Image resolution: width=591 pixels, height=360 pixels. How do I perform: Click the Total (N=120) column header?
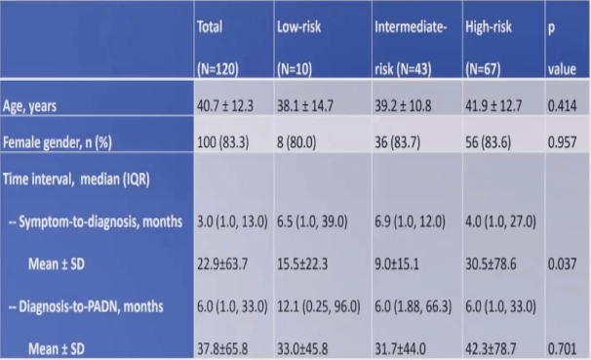point(217,48)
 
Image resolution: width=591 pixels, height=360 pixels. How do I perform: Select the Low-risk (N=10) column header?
point(298,48)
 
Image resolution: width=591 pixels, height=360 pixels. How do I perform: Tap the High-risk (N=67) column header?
point(489,48)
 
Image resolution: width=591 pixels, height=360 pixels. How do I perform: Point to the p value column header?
point(562,48)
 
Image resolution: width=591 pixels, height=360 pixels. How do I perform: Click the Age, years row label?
point(30,106)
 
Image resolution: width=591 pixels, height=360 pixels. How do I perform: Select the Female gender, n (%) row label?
point(58,142)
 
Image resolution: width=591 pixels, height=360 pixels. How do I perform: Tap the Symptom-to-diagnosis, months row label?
point(96,221)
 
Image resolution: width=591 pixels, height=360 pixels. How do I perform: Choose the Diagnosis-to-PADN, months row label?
point(86,306)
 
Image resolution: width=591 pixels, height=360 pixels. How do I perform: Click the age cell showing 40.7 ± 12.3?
point(225,106)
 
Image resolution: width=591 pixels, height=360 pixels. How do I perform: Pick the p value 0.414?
point(562,106)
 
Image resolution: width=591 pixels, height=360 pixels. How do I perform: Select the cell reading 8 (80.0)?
point(296,142)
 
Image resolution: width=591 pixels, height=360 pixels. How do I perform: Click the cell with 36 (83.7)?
point(397,142)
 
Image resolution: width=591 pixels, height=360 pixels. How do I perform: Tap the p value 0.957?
point(562,142)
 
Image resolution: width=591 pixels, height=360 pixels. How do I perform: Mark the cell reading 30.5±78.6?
point(491,264)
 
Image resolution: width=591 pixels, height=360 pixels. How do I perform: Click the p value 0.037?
point(562,264)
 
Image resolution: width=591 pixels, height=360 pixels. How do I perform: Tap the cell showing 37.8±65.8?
point(222,349)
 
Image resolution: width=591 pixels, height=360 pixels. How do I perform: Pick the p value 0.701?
point(562,349)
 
